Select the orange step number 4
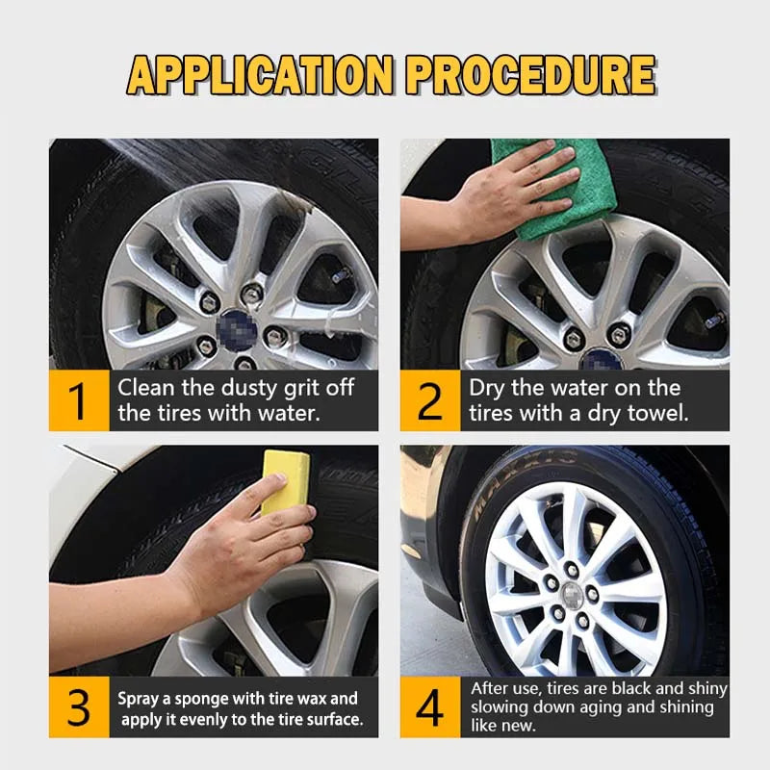click(x=430, y=708)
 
